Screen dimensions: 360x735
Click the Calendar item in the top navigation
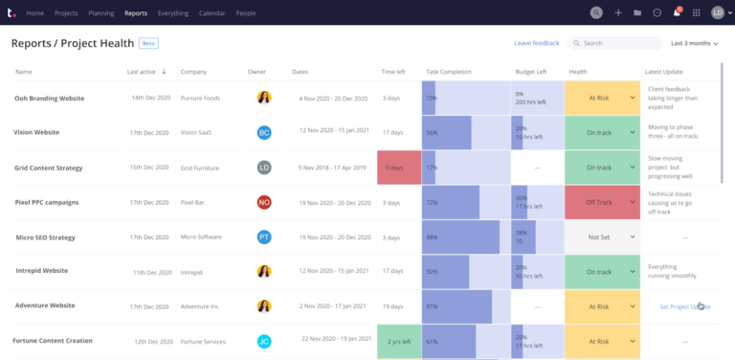212,13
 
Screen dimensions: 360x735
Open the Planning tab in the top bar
101,13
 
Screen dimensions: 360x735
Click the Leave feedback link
536,43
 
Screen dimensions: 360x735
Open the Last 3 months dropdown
694,43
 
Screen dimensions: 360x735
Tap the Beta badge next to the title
148,43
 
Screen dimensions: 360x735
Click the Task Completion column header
449,72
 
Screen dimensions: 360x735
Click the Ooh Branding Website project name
50,99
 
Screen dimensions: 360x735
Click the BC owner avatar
264,133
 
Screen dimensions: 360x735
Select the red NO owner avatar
264,203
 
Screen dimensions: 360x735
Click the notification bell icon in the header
677,13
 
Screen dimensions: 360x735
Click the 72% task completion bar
451,203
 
